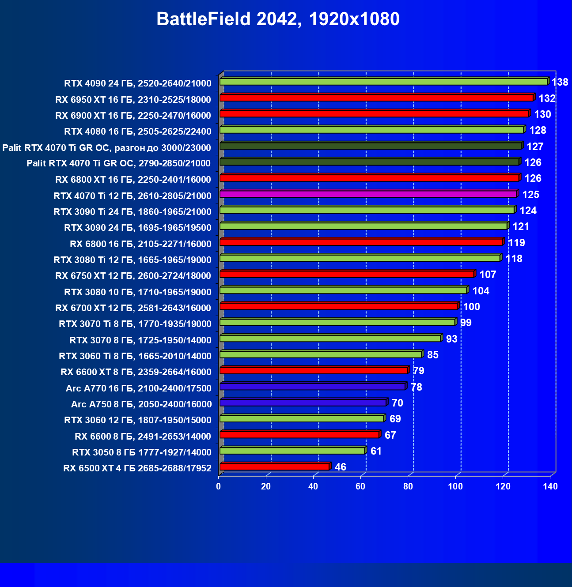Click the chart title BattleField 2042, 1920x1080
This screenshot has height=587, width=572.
(x=278, y=19)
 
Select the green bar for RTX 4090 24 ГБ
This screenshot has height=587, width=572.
(x=383, y=82)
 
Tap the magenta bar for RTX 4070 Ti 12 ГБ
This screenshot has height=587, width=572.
(x=368, y=194)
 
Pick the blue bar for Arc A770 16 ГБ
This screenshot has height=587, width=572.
(x=312, y=387)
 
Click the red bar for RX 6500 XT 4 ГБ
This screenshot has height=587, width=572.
(x=274, y=467)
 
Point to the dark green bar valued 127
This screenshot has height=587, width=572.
(x=371, y=146)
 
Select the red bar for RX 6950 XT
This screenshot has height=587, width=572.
(x=376, y=98)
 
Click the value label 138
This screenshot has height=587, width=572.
(x=560, y=82)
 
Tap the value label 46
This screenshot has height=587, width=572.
(x=341, y=467)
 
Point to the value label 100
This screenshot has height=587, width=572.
(x=471, y=307)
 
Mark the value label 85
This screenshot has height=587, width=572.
(x=433, y=355)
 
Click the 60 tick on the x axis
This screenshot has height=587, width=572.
(x=360, y=486)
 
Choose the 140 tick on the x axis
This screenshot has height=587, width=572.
(x=550, y=486)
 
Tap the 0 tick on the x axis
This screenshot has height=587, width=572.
(x=218, y=486)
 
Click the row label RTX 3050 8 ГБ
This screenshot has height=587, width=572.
(x=142, y=452)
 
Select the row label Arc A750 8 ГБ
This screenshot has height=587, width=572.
(x=141, y=404)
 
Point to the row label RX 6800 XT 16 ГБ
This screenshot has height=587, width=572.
(x=133, y=180)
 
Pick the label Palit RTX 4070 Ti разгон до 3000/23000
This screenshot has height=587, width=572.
(x=106, y=147)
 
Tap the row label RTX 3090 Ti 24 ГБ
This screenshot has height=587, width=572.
(x=133, y=212)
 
